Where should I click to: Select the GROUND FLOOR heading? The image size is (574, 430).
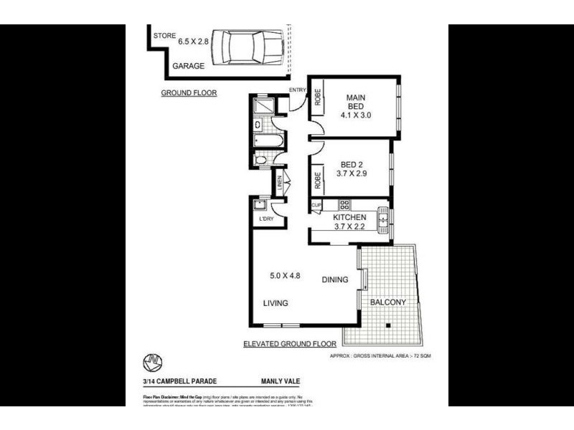click(x=189, y=93)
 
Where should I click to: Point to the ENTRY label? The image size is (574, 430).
click(x=297, y=90)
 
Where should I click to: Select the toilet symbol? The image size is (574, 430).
click(x=261, y=160)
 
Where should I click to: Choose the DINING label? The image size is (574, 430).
click(x=334, y=280)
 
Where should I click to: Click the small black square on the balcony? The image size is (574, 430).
click(x=387, y=327)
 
